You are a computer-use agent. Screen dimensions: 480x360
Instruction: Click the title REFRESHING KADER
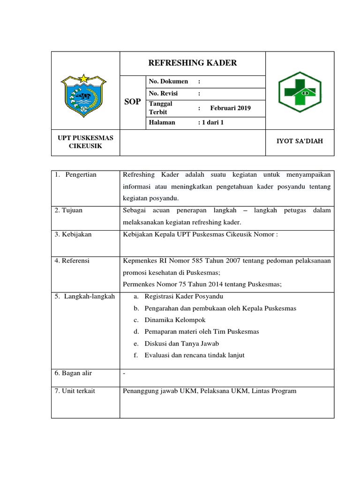coord(192,63)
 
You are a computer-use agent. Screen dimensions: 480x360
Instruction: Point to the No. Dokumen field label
coord(168,82)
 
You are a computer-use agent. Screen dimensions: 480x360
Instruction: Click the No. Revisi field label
coord(164,93)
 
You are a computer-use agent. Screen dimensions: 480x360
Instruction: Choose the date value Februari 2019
coord(230,108)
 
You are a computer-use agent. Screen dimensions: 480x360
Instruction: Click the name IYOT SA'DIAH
coord(300,141)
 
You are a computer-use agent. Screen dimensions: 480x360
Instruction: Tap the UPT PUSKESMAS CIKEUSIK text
coord(82,142)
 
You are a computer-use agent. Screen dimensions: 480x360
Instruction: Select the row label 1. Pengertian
coord(75,175)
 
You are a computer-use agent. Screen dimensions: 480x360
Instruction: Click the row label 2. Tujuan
coord(68,210)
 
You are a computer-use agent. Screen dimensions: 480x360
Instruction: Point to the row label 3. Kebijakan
coord(73,234)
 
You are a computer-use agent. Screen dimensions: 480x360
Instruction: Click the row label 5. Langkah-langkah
coord(84,296)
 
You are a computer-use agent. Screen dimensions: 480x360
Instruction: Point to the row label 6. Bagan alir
coord(73,373)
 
